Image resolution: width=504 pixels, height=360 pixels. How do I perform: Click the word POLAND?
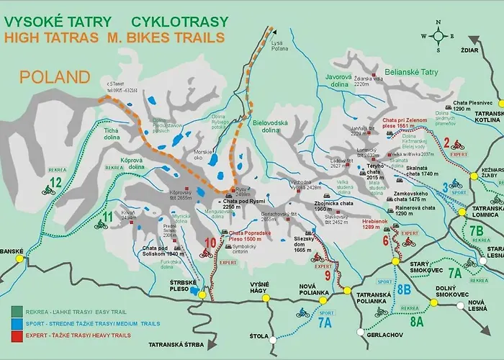pos(55,77)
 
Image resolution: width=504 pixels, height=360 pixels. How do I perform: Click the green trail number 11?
pos(108,216)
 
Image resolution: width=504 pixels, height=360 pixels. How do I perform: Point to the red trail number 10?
pos(210,242)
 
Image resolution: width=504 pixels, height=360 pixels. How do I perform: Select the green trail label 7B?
pos(476,231)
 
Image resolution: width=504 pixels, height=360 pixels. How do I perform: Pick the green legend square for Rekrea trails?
pos(17,311)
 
